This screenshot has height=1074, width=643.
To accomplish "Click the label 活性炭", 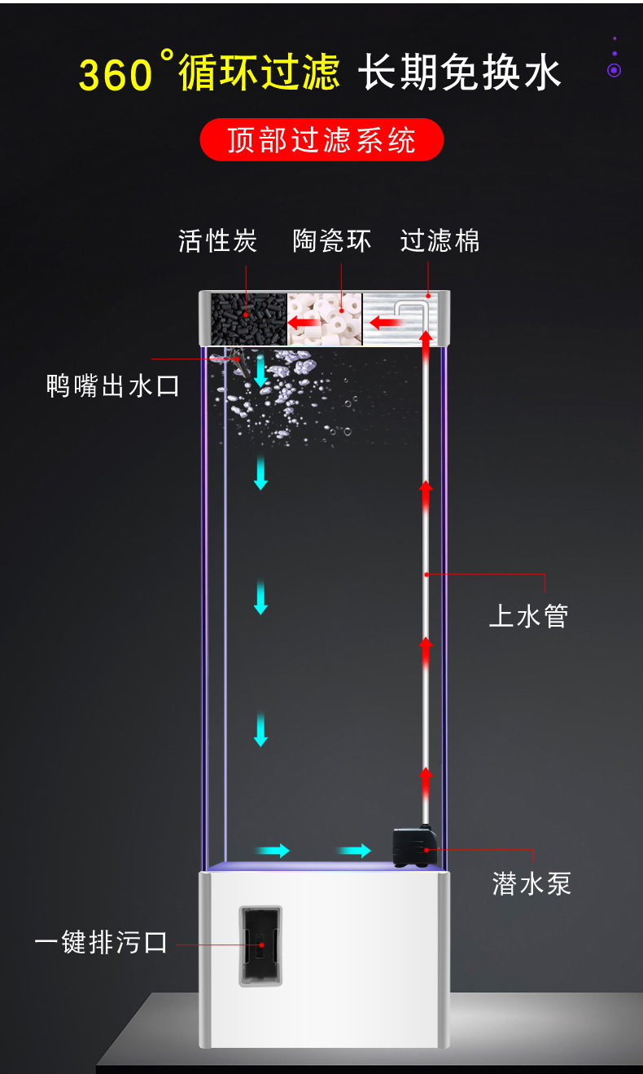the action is [217, 241].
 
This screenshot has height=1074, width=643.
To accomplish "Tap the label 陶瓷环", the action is [332, 241].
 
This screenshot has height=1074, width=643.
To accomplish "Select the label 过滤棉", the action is [440, 241].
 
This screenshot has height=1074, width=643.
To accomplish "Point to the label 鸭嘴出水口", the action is [112, 385].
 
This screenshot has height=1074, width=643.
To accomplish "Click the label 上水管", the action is [528, 616].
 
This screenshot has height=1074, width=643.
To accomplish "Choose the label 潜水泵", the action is [531, 883].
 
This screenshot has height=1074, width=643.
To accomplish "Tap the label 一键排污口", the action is [101, 943].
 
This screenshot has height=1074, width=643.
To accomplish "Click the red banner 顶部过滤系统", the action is [321, 140].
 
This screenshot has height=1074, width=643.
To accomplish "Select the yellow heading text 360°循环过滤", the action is [209, 72].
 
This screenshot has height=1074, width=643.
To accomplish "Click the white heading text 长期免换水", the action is [461, 72].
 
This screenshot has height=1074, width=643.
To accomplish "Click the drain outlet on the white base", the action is [260, 945].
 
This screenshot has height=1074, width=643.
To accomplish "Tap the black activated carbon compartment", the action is [247, 319].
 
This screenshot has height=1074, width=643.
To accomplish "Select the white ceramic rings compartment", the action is [326, 319].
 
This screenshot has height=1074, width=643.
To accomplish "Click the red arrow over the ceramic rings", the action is [304, 324].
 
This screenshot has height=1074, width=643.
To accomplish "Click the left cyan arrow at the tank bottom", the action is [274, 851].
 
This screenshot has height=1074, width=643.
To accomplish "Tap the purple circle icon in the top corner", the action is [615, 70].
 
